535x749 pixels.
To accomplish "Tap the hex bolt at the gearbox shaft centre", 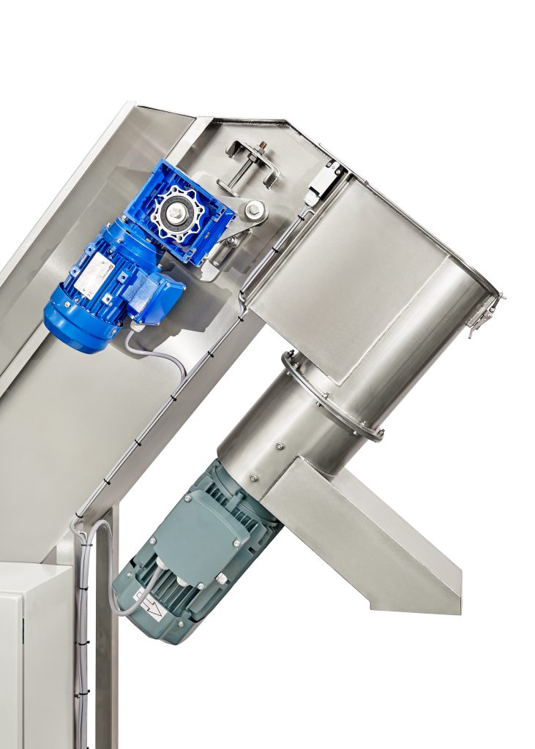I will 178,211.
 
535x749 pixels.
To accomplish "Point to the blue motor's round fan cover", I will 70,322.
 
